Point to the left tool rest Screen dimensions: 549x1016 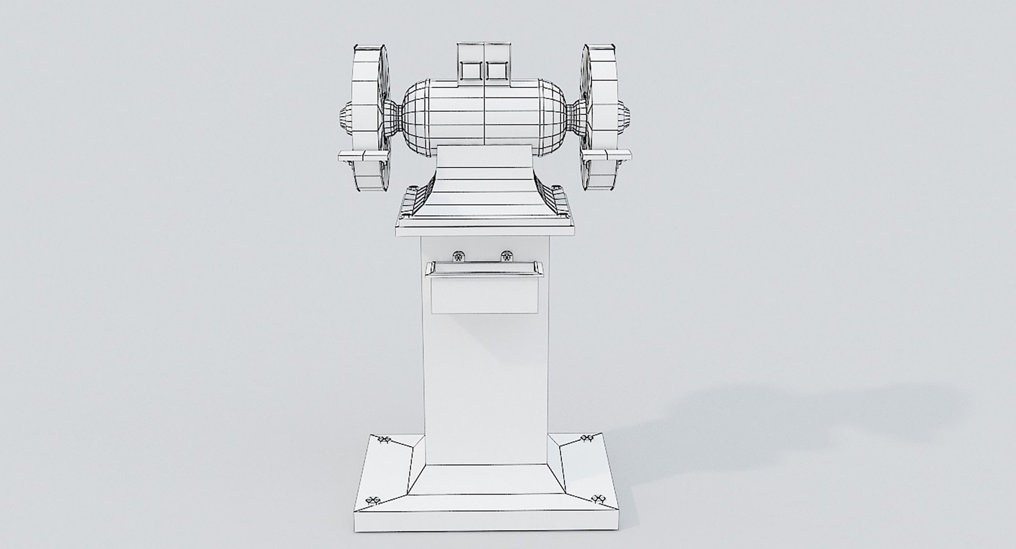coord(363,155)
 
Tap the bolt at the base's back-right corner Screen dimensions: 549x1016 coord(587,438)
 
